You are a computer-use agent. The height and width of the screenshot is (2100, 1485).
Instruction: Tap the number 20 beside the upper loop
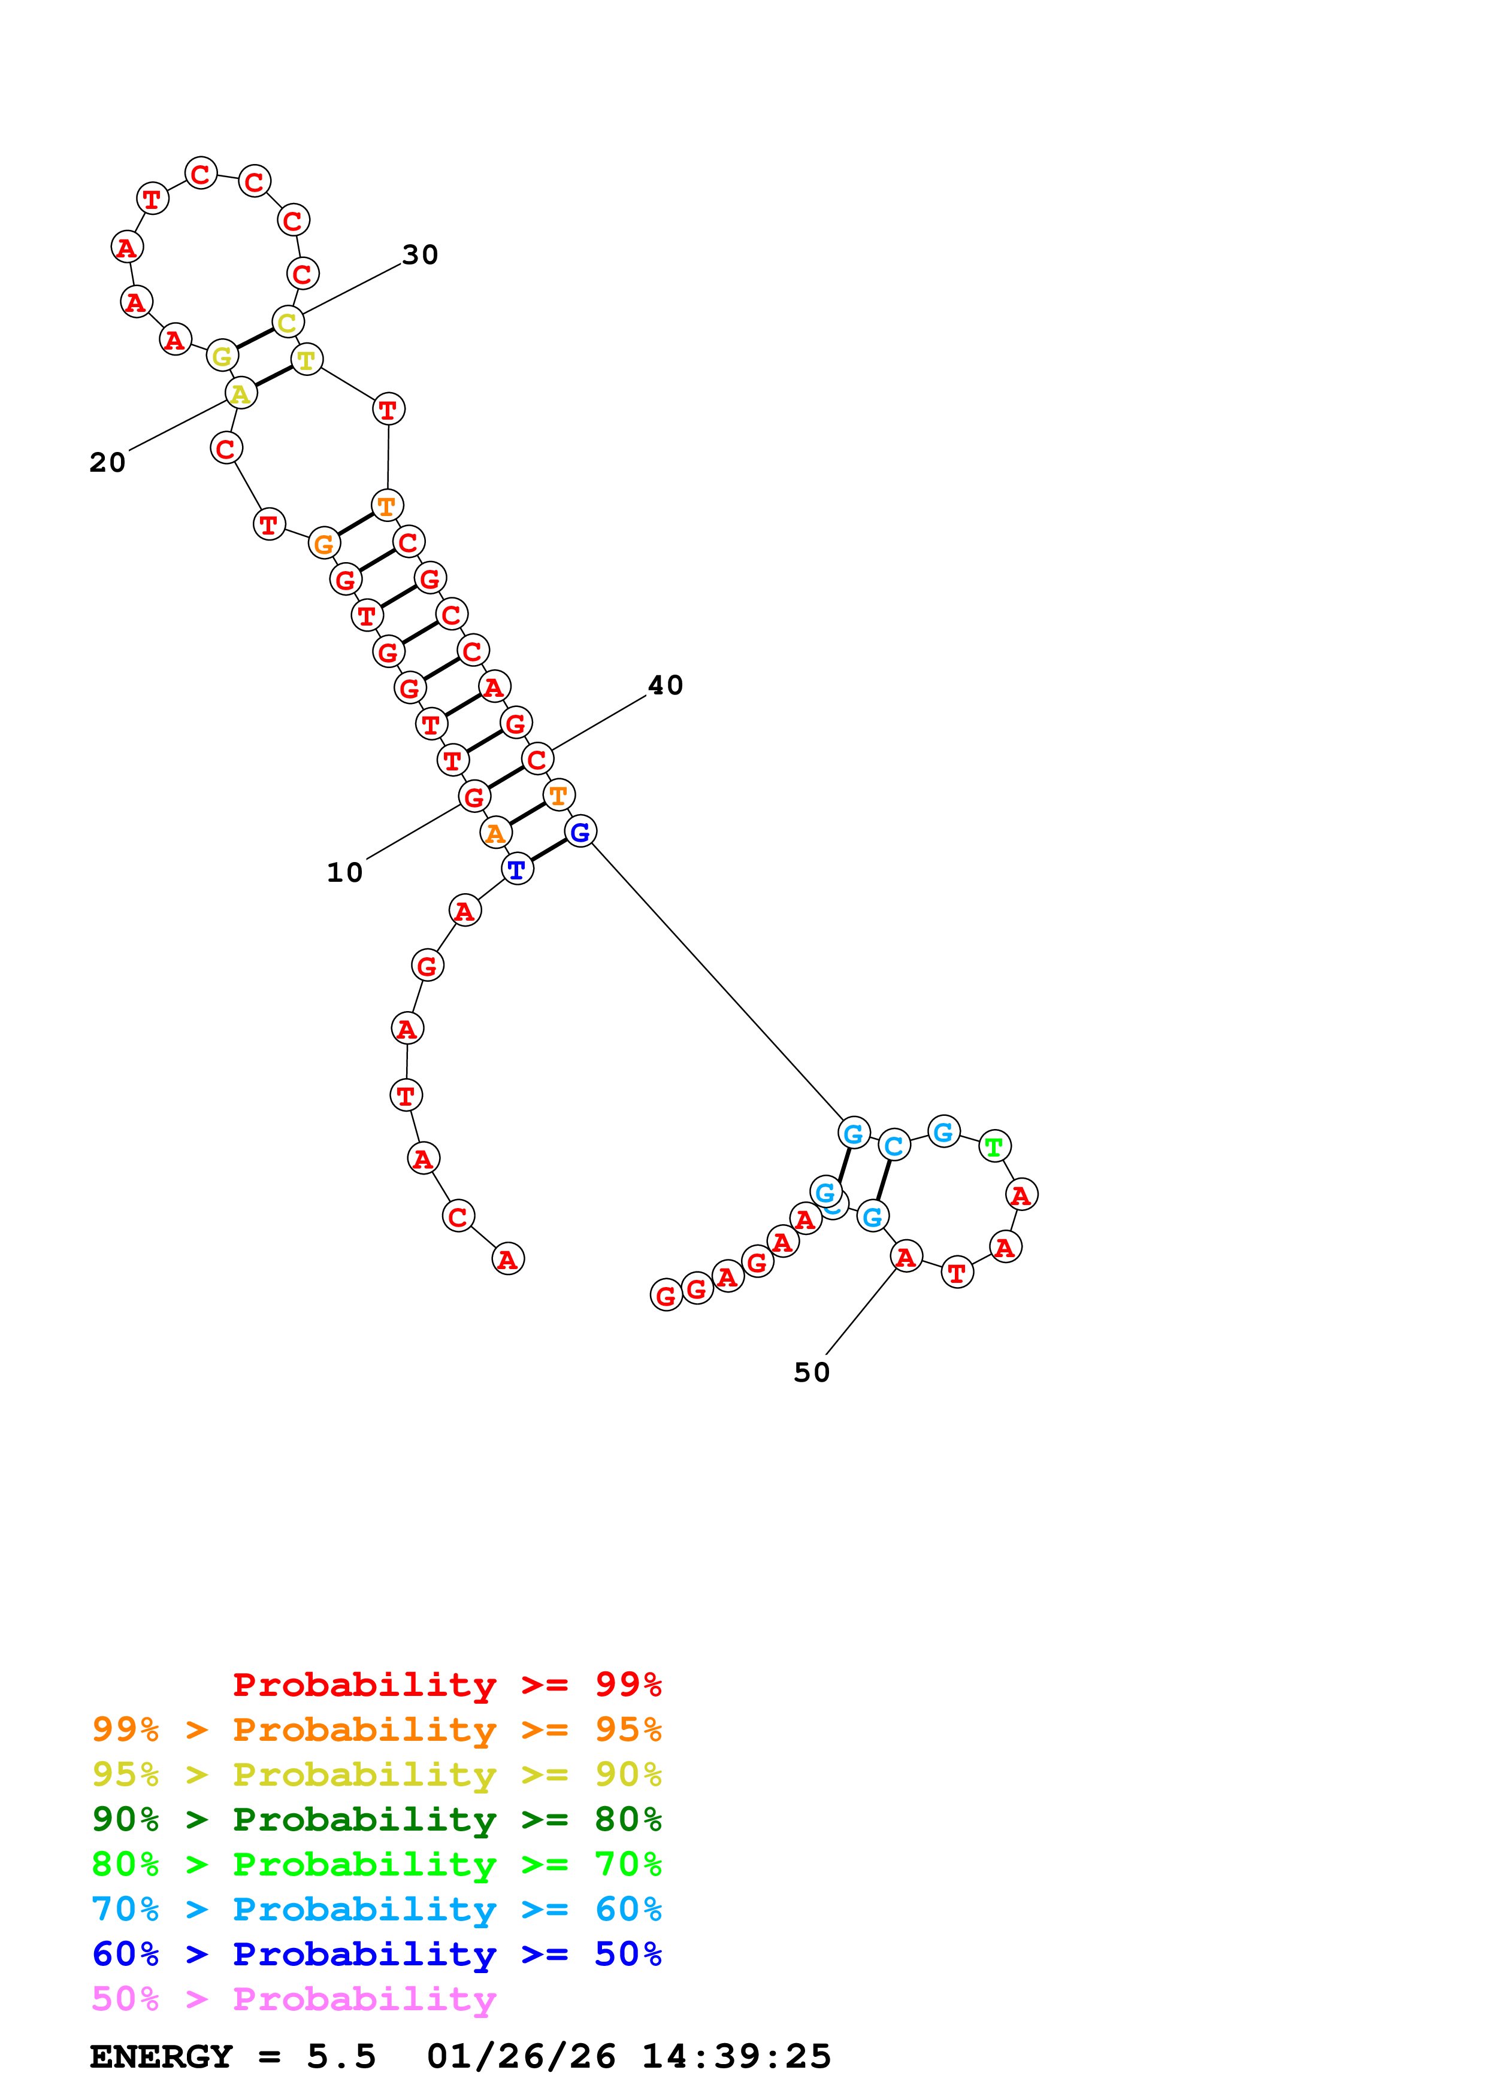click(107, 462)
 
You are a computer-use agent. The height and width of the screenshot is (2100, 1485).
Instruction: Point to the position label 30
click(420, 254)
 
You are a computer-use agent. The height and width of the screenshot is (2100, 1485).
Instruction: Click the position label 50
click(812, 1372)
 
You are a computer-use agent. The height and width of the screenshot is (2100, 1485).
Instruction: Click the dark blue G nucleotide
click(580, 831)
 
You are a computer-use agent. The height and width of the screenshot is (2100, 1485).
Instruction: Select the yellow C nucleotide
click(288, 322)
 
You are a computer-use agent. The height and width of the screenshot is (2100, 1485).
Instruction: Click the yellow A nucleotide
click(241, 394)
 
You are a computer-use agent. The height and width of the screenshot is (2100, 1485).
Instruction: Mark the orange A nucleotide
click(495, 833)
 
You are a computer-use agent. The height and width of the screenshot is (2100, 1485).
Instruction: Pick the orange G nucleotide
click(324, 544)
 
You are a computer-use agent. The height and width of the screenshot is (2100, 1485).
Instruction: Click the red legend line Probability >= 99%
click(446, 1684)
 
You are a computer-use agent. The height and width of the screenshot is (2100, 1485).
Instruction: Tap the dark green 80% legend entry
click(376, 1819)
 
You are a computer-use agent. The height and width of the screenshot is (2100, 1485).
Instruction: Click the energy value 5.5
click(341, 2056)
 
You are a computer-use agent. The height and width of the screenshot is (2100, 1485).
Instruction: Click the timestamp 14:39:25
click(737, 2056)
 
